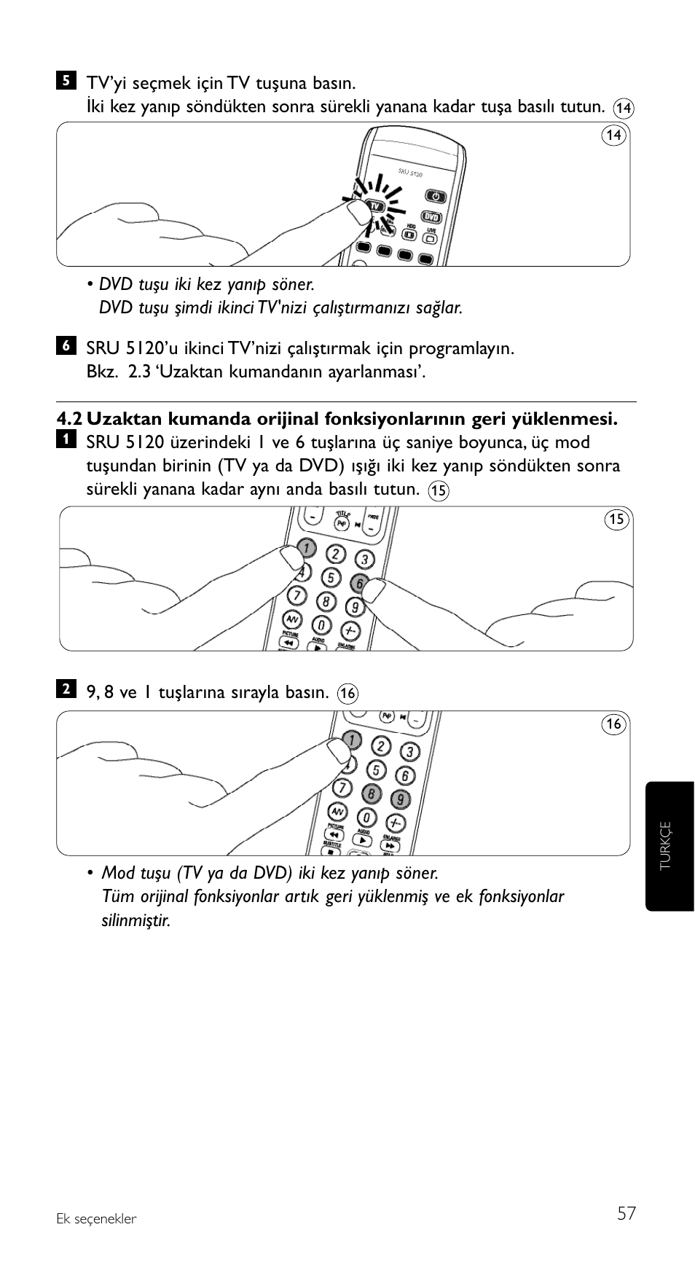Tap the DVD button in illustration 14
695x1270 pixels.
(432, 216)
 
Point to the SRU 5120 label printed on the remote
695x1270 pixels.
(410, 173)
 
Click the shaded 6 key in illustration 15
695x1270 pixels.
(358, 583)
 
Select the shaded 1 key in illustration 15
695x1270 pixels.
(307, 548)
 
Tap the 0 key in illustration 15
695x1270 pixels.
(321, 625)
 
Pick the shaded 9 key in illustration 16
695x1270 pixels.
(399, 799)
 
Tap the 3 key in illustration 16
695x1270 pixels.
(410, 752)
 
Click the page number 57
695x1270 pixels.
(626, 1213)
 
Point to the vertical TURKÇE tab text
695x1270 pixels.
(664, 846)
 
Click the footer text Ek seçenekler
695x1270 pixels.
(96, 1219)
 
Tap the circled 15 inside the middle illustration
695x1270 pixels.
(616, 519)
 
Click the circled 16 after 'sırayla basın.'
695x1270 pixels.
(347, 693)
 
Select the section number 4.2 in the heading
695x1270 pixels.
(69, 419)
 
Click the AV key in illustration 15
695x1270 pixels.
(291, 619)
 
